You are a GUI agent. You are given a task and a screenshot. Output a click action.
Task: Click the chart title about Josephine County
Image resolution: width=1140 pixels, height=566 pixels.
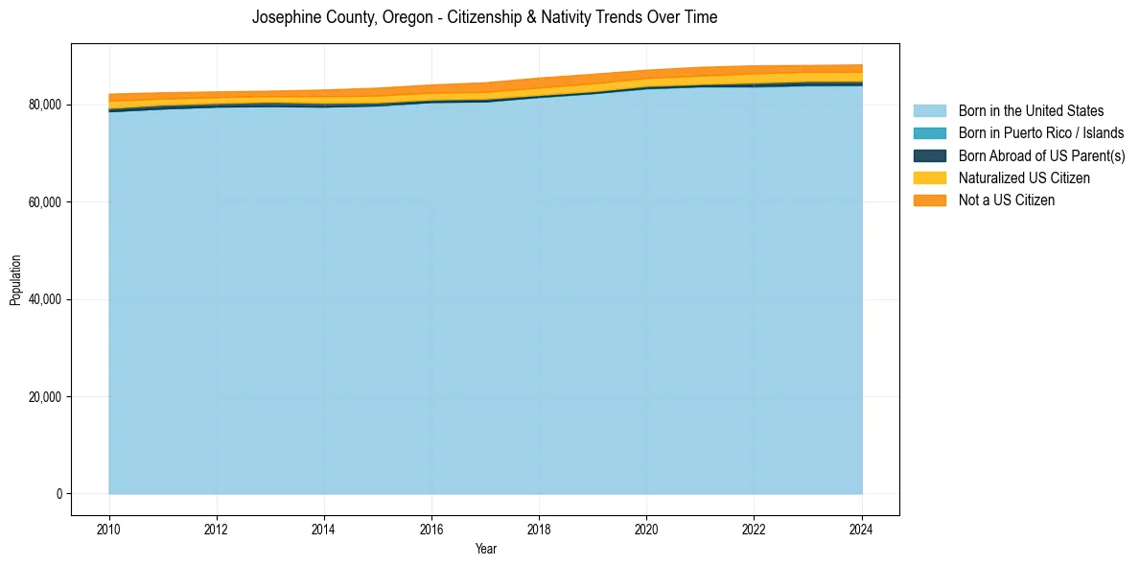(x=484, y=17)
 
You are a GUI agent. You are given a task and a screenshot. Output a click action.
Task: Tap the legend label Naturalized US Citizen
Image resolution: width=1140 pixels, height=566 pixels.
(x=1024, y=178)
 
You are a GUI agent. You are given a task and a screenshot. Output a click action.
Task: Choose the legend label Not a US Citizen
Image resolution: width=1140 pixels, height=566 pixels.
(x=1007, y=200)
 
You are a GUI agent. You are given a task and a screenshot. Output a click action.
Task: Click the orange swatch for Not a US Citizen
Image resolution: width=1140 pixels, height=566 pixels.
(x=929, y=200)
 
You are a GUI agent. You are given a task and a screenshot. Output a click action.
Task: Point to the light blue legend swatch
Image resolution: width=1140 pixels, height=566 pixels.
(x=929, y=111)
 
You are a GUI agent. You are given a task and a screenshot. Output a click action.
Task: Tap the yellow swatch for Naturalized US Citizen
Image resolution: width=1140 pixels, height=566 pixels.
(x=929, y=178)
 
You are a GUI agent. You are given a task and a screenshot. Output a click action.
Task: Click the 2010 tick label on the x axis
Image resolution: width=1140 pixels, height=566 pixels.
(x=109, y=528)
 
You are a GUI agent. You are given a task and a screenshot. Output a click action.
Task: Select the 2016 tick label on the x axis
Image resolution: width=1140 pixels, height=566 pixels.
(x=431, y=528)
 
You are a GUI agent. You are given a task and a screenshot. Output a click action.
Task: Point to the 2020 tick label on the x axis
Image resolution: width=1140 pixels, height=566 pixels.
(x=646, y=528)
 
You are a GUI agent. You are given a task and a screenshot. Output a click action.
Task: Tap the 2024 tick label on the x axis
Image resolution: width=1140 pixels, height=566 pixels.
(x=861, y=528)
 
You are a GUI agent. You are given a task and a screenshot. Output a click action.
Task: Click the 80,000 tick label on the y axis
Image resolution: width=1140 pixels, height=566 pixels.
(x=44, y=105)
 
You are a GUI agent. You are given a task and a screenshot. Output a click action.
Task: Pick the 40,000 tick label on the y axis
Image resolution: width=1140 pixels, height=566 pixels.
(x=44, y=299)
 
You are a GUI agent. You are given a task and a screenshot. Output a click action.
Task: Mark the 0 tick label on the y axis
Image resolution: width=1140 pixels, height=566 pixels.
(x=59, y=494)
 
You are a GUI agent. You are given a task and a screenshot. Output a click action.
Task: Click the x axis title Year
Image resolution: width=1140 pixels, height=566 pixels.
(x=485, y=549)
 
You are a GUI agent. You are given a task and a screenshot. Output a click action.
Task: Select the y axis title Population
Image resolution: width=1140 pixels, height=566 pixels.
(x=15, y=280)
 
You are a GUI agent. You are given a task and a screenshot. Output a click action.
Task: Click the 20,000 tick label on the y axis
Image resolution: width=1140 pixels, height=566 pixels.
(x=44, y=397)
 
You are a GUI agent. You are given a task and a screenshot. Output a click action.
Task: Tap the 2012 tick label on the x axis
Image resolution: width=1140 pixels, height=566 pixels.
(x=217, y=528)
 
